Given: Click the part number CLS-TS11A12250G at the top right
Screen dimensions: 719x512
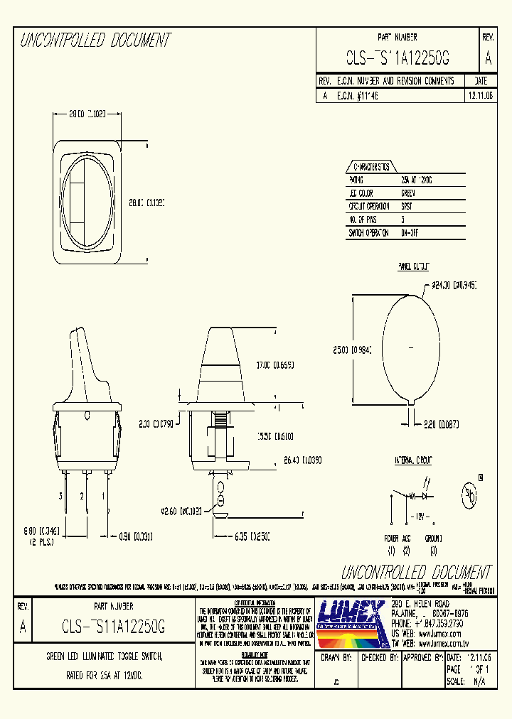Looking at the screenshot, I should coord(398,58).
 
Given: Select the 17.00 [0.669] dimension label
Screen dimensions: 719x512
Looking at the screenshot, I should coord(274,365).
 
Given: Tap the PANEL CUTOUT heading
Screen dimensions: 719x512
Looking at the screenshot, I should coord(412,266).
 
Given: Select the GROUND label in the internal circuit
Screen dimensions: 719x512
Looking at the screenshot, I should coord(434,539).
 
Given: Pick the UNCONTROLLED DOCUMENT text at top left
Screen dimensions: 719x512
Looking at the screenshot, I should coord(95,40).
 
